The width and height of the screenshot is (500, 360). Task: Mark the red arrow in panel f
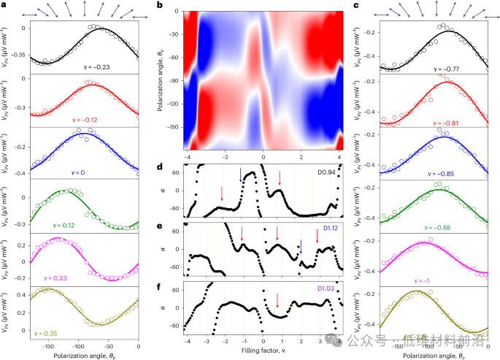click(x=277, y=299)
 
